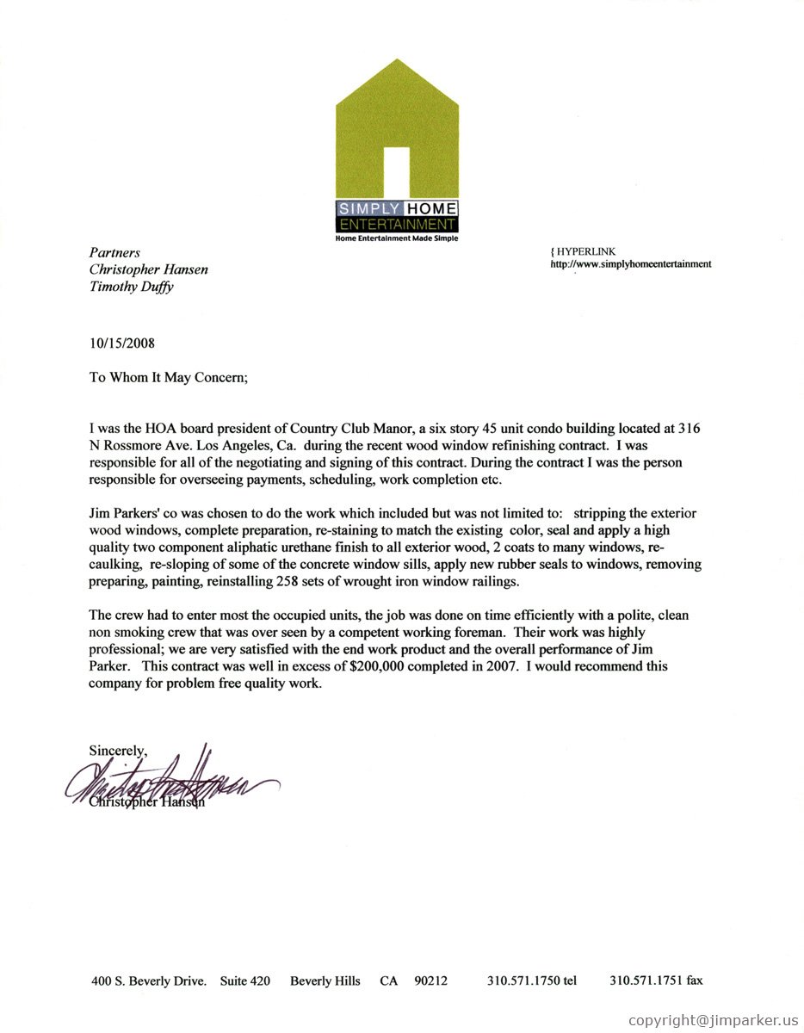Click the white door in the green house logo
click(396, 172)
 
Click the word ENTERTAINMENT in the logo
click(397, 225)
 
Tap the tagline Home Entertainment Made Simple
click(397, 238)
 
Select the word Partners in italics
click(114, 252)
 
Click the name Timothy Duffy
click(131, 287)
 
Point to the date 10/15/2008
click(122, 343)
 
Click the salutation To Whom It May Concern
click(169, 376)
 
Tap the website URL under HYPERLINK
click(631, 264)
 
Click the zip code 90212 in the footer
click(430, 980)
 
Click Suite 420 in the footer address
click(245, 980)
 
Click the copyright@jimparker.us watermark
click(714, 1020)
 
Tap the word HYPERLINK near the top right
click(586, 251)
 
